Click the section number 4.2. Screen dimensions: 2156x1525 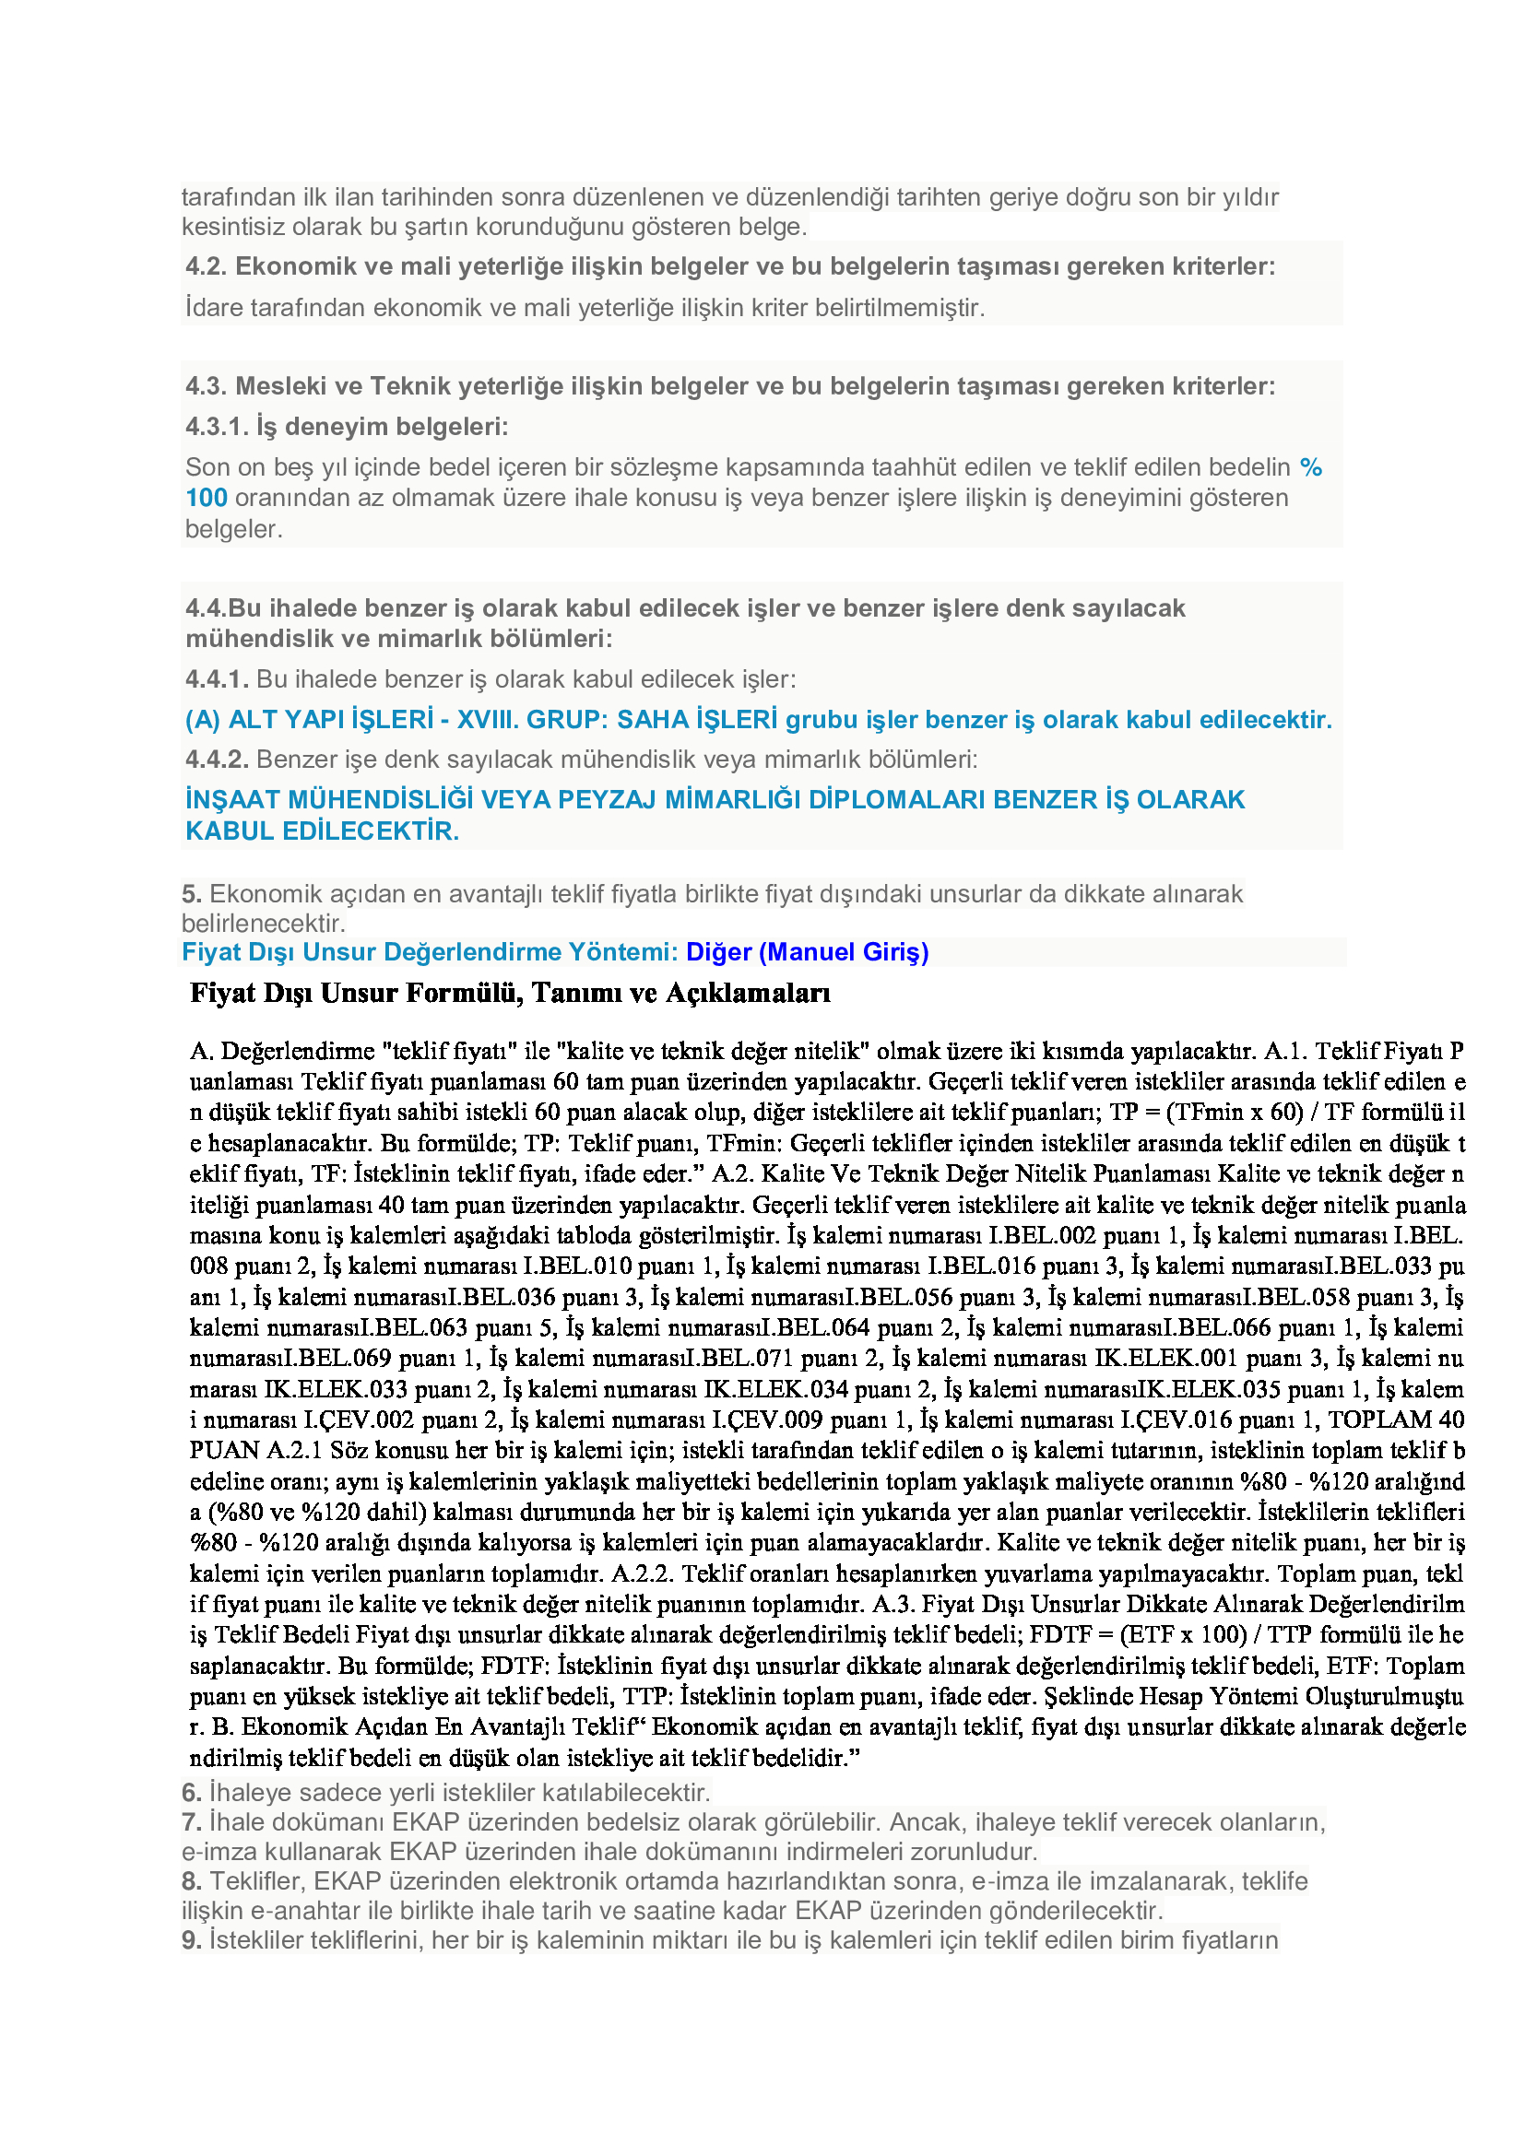tap(206, 266)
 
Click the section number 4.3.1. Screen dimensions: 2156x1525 tap(217, 428)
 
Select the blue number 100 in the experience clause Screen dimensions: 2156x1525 tap(207, 499)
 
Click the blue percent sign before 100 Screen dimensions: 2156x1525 tap(1311, 467)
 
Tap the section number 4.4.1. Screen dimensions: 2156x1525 tap(217, 680)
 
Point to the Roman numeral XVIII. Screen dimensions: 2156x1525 tap(488, 720)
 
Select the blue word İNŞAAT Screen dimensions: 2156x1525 tap(232, 800)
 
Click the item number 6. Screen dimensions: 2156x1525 tap(192, 1794)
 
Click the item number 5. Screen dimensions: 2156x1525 tap(192, 894)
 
